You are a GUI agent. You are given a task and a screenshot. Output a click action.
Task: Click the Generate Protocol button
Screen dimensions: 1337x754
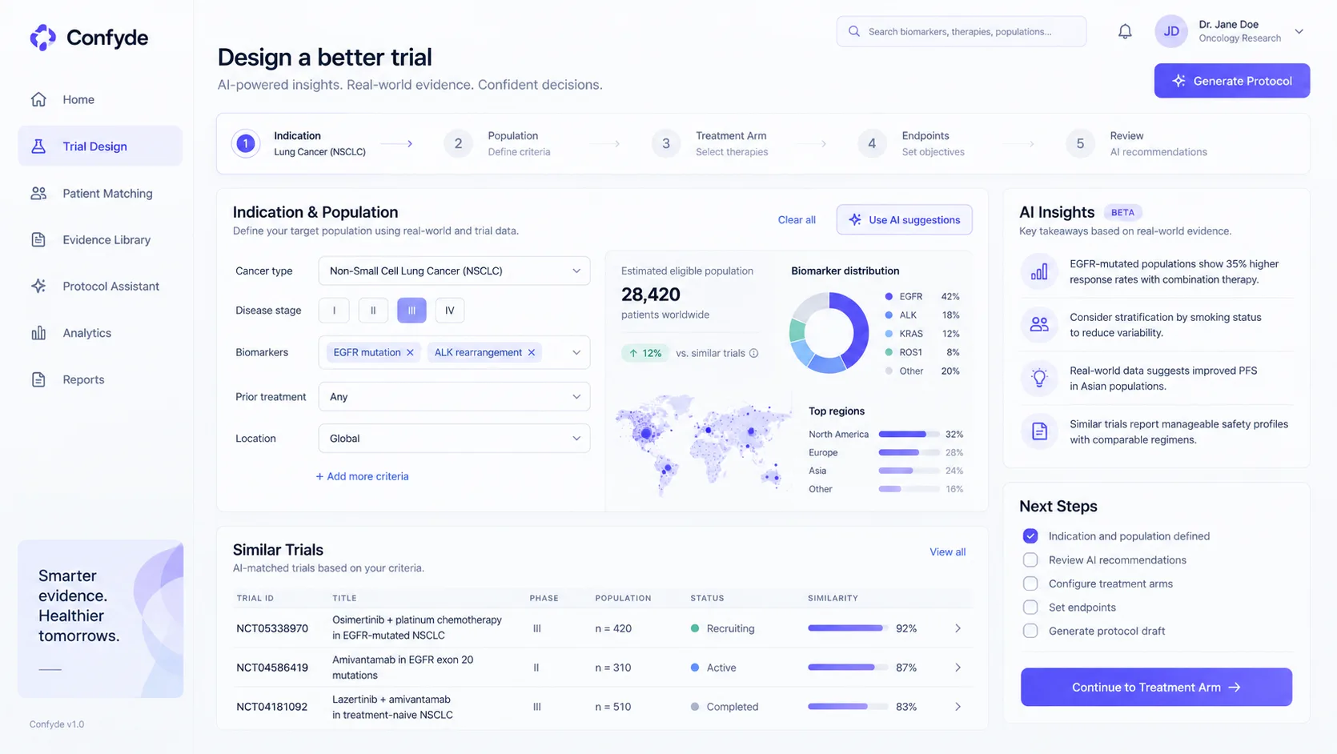coord(1231,81)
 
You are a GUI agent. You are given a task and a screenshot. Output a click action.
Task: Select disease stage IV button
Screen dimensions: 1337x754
coord(449,311)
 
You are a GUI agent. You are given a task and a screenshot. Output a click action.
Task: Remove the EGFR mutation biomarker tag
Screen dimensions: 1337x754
coord(410,352)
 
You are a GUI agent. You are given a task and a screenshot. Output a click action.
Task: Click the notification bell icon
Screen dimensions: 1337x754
coord(1125,31)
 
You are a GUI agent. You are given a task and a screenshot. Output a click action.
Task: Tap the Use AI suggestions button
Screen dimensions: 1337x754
coord(904,219)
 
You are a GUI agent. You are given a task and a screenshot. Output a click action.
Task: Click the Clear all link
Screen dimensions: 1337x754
coord(797,219)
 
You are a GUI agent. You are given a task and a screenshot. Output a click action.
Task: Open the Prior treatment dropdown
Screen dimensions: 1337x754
coord(454,397)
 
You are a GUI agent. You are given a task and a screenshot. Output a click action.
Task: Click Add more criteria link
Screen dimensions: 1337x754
coord(362,476)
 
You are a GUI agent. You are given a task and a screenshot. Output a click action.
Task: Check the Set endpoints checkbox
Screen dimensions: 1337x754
coord(1030,608)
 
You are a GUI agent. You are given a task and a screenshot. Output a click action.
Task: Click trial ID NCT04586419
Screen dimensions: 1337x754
coord(272,668)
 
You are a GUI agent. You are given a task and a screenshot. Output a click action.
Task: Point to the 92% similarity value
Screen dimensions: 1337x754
coord(906,628)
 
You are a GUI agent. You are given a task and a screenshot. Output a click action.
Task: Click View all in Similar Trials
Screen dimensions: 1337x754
coord(947,551)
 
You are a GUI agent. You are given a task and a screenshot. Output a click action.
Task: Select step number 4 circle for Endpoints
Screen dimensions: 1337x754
coord(871,144)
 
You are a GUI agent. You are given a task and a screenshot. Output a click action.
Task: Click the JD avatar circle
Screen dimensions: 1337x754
coord(1171,31)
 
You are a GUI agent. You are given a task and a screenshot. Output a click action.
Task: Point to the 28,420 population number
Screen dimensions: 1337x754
coord(651,294)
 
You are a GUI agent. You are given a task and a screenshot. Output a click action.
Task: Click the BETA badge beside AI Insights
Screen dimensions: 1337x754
coord(1122,212)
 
